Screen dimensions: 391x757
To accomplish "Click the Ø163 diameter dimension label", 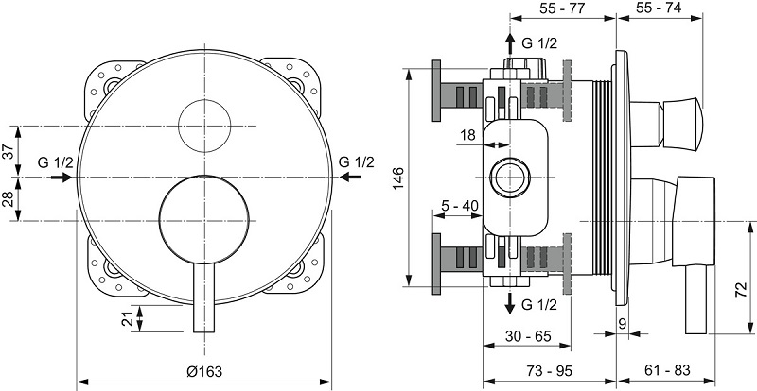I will click(x=203, y=370).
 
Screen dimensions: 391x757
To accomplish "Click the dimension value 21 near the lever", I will click(x=129, y=318).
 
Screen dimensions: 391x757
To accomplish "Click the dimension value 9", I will click(x=622, y=323).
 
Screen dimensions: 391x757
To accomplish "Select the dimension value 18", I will click(x=467, y=136).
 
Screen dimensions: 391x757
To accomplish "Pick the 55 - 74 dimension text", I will click(x=659, y=7).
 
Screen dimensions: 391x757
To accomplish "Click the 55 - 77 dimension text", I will click(x=562, y=7).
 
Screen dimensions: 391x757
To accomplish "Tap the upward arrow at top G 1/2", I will click(x=510, y=43).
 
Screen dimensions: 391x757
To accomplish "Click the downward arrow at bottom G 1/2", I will click(x=510, y=302).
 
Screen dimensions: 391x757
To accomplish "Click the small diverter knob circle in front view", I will click(x=203, y=118).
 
